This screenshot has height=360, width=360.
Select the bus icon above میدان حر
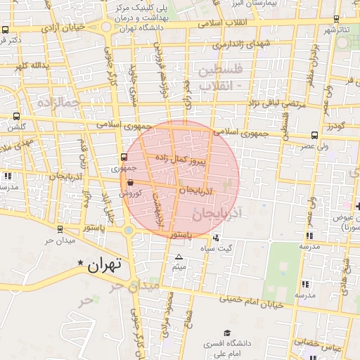[x=59, y=229]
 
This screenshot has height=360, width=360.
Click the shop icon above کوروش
[x=131, y=182]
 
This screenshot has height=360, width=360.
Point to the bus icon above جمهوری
[x=124, y=157]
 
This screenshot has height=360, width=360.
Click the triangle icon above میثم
[x=179, y=257]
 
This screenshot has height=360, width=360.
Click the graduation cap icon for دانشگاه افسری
[x=226, y=332]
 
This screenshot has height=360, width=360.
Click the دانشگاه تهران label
[x=136, y=28]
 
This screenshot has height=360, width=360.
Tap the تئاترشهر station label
[x=335, y=30]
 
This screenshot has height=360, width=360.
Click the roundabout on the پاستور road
[x=128, y=230]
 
